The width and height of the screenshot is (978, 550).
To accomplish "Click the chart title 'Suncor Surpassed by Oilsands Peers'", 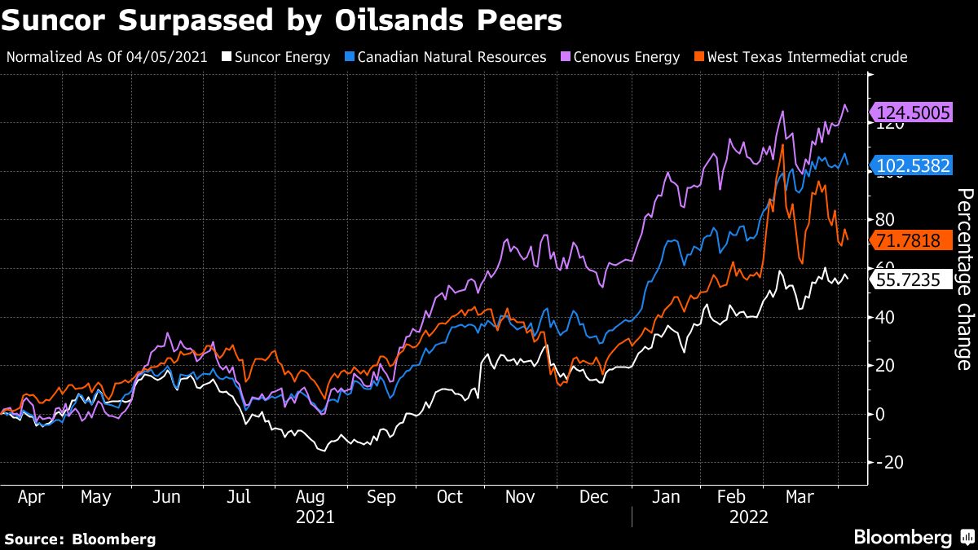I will pos(281,20).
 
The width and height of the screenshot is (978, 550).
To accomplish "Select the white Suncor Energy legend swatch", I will pos(229,57).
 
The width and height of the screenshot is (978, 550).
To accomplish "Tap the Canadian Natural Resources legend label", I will pos(452,57).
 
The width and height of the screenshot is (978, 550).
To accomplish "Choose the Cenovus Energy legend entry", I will pos(627,57).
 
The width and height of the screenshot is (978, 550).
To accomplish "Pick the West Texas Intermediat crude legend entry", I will pos(807,57).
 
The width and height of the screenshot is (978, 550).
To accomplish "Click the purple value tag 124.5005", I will pos(912,112).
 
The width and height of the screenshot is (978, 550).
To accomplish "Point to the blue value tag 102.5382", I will pos(912,166).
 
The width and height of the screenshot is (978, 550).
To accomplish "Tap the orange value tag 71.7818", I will pos(912,240).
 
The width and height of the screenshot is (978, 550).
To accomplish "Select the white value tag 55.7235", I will pos(912,280).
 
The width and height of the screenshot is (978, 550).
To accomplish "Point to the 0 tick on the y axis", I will pos(881,414).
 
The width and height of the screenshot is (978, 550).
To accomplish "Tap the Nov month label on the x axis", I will pos(520,497).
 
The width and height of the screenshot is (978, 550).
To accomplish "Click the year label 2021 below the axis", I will pos(315,516).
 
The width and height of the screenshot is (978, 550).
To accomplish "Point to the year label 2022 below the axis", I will pos(748,516).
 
